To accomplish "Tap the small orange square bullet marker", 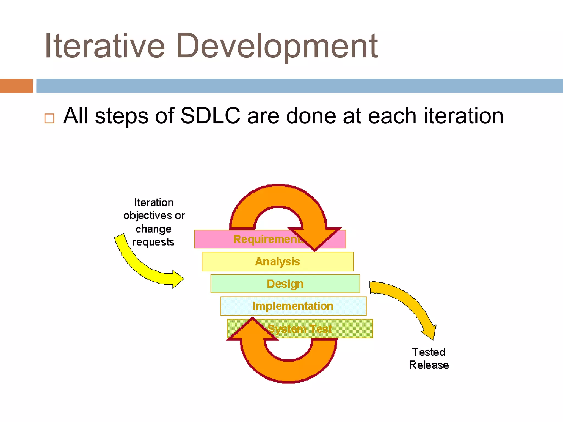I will pyautogui.click(x=49, y=118).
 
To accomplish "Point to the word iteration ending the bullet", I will pyautogui.click(x=463, y=116).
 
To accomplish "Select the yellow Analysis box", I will pyautogui.click(x=277, y=262).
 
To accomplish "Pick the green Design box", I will pyautogui.click(x=285, y=284).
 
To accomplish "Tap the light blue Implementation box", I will pyautogui.click(x=293, y=306).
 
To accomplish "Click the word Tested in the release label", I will pyautogui.click(x=429, y=352).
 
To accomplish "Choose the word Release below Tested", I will pyautogui.click(x=429, y=365).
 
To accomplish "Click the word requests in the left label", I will pyautogui.click(x=153, y=242).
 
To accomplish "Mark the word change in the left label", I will pyautogui.click(x=153, y=229).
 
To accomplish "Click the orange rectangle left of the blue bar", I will pyautogui.click(x=16, y=86).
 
